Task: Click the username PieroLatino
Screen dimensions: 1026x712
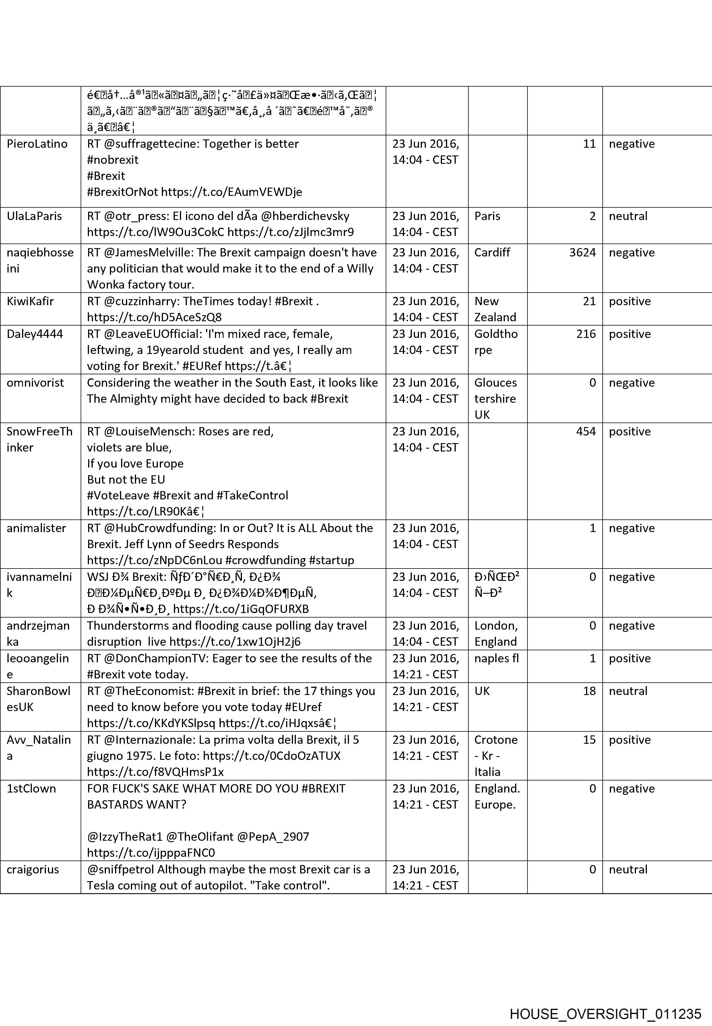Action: click(37, 144)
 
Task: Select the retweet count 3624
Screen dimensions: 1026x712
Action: click(582, 253)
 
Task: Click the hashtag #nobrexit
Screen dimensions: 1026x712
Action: click(112, 160)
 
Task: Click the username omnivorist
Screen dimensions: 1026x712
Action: click(35, 383)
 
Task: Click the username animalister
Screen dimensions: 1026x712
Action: click(36, 528)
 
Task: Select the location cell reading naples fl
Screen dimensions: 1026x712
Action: click(496, 659)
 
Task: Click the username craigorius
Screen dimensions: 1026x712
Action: click(32, 869)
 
